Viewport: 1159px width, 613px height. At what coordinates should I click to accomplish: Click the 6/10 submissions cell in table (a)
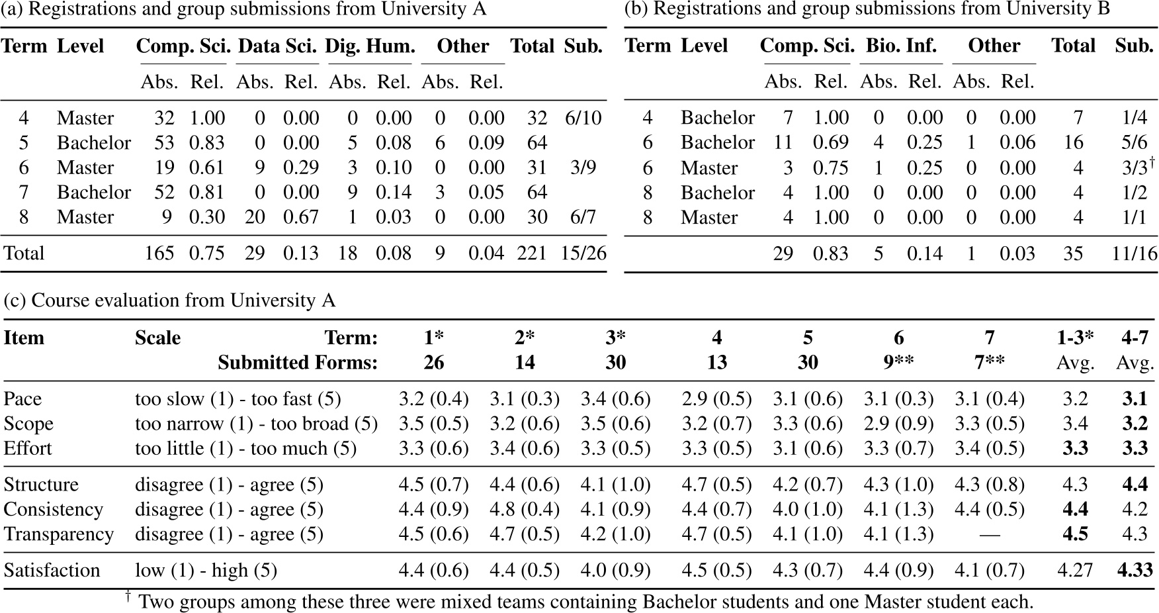click(583, 118)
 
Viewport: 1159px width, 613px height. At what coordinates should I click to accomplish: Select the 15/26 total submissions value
click(582, 253)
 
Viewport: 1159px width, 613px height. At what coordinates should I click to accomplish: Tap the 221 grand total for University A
click(532, 253)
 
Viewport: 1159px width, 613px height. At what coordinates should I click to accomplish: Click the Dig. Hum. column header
click(370, 46)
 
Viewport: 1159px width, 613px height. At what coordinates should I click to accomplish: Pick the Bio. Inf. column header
click(901, 45)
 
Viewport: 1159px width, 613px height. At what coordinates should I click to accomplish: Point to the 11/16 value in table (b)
click(1134, 253)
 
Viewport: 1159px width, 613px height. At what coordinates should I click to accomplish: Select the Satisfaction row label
click(52, 570)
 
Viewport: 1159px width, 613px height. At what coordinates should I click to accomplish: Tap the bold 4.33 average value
click(1135, 570)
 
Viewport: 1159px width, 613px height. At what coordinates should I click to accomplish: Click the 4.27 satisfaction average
click(1075, 570)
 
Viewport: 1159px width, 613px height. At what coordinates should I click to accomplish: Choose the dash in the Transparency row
click(989, 534)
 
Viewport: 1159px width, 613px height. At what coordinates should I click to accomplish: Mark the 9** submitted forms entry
click(898, 362)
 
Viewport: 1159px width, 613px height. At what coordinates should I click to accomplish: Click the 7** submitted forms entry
click(989, 362)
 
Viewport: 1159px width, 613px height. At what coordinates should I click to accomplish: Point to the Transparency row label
click(58, 534)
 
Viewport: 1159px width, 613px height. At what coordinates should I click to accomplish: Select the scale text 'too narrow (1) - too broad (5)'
click(256, 424)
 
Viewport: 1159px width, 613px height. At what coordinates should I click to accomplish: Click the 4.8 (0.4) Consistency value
click(525, 509)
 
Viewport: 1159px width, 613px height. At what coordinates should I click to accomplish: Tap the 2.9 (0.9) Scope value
click(898, 424)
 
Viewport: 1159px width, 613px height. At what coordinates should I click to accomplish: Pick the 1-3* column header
click(1075, 338)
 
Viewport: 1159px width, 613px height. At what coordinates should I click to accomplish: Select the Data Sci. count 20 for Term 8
click(255, 217)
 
